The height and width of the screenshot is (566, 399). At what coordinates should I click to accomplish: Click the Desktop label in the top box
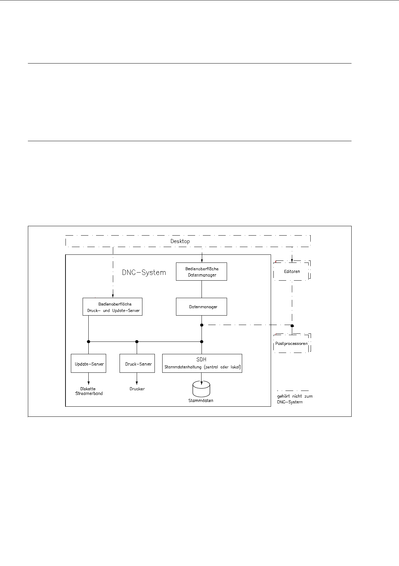coord(180,241)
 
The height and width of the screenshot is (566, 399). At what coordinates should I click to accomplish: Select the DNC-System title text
coord(144,273)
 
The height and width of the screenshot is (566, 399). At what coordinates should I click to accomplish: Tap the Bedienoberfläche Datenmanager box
coord(202,272)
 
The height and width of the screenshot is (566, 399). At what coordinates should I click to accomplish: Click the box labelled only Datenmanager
coord(202,307)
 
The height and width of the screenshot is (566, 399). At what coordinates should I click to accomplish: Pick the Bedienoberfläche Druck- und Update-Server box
coord(113,307)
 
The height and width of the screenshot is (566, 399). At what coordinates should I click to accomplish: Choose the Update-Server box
coord(89,363)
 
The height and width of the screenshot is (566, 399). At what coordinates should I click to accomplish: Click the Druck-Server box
coord(137,363)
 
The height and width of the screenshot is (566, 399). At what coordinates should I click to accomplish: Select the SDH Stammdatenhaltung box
coord(202,363)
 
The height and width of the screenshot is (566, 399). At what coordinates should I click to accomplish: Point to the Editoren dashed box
coord(292,271)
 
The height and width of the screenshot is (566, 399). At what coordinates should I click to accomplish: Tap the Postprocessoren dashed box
coord(292,343)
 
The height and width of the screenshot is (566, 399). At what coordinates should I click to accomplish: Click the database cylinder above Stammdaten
coord(201,389)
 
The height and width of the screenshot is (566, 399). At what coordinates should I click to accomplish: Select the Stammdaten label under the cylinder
coord(201,401)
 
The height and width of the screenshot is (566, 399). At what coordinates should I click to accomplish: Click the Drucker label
coord(137,389)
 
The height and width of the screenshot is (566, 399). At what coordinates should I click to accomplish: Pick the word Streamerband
coord(89,394)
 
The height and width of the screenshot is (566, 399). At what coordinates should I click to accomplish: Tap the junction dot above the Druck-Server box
coord(137,342)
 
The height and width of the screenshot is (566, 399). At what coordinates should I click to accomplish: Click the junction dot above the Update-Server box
coord(89,342)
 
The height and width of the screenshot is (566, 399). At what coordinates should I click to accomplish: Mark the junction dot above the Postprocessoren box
coord(292,326)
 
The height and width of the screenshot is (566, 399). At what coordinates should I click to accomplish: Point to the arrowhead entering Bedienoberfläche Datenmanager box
coord(202,261)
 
